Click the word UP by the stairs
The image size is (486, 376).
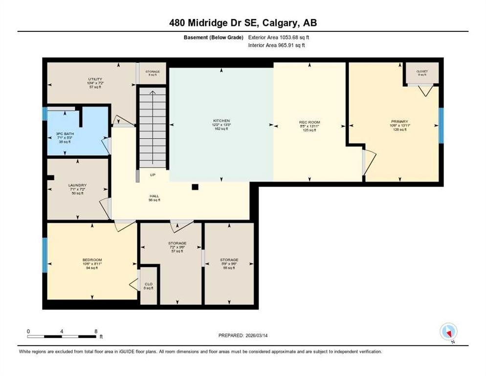[153, 174]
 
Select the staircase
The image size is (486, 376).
[153, 127]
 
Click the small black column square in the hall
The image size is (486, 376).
[195, 187]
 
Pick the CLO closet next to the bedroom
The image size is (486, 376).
[149, 285]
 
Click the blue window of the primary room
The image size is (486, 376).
[441, 125]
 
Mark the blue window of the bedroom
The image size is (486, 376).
[45, 255]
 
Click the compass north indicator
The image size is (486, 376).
[448, 332]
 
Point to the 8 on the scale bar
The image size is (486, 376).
[96, 331]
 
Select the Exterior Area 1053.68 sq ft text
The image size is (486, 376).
[279, 37]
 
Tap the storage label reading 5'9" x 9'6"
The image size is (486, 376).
[229, 262]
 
